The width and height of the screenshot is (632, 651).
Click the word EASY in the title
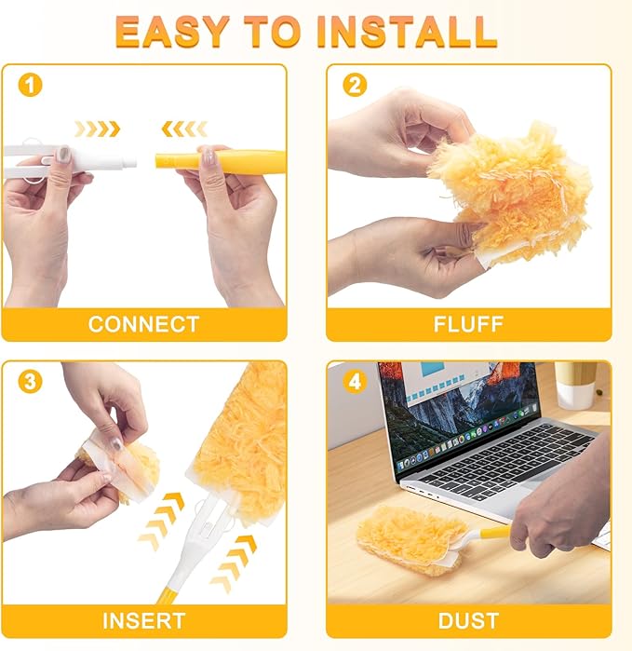172,32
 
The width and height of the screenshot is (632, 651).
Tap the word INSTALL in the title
407,32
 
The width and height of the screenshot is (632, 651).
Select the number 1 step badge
31,85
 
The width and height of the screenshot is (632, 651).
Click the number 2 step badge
355,85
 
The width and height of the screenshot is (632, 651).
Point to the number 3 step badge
31,382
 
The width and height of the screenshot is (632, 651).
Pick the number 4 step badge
355,382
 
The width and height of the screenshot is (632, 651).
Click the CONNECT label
143,324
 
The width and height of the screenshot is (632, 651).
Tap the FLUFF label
468,324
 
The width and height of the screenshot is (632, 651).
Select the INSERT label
143,620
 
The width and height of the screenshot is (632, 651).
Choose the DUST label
468,620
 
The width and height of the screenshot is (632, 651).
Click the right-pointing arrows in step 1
97,129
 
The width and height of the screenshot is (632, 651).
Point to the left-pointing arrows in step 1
184,129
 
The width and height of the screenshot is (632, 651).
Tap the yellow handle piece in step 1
221,161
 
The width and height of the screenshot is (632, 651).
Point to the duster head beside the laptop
410,540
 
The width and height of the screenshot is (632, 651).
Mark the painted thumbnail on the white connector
63,155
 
